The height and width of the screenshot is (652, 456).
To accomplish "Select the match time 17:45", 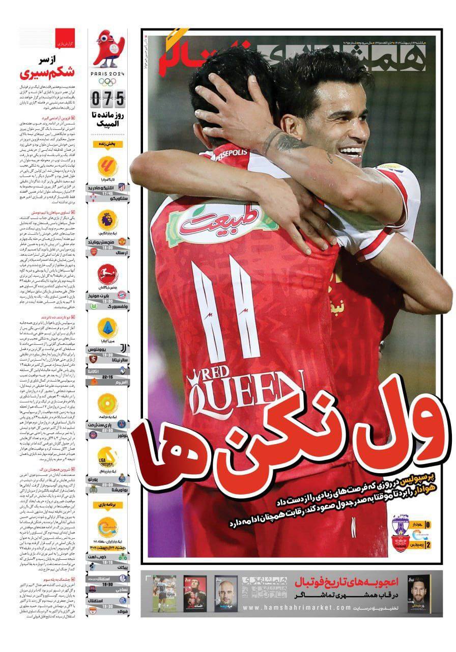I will tap(107, 194).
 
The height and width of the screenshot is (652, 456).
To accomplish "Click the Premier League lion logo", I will tap(107, 220).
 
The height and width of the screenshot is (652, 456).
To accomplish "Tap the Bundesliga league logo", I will tap(107, 276).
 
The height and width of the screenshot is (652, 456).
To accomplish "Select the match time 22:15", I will tap(107, 377).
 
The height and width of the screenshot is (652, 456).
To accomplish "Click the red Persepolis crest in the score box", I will tap(401, 541).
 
